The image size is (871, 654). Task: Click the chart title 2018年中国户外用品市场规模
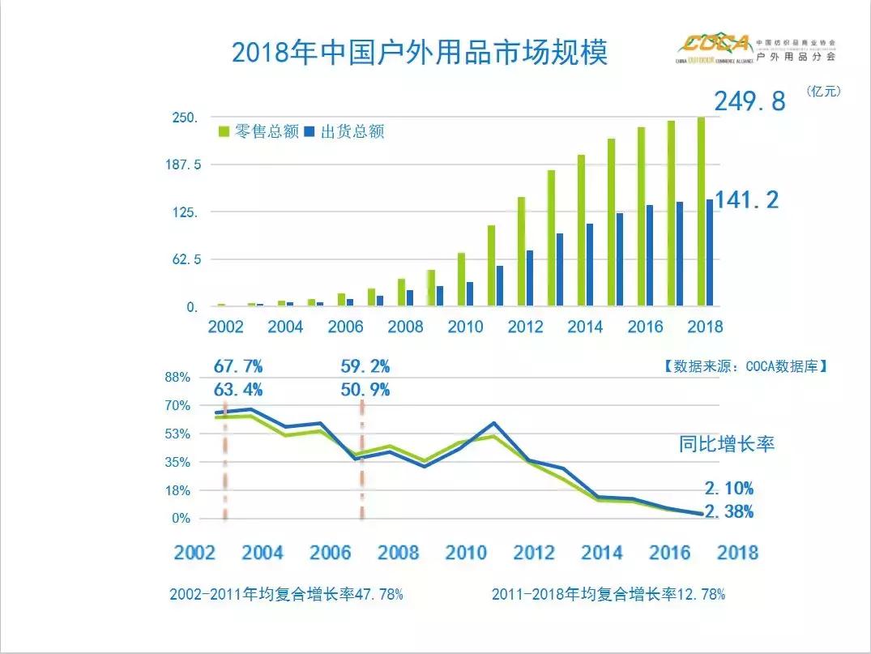tap(419, 53)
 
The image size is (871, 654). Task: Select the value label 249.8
tap(749, 101)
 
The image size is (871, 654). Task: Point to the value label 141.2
tap(745, 199)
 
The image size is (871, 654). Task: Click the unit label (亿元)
tap(823, 92)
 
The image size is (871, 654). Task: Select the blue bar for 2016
tap(649, 255)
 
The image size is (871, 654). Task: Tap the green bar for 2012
tap(521, 251)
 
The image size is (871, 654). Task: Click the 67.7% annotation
tap(239, 365)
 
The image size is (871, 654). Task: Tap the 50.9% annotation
tap(365, 390)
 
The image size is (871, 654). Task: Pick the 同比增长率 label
tap(727, 444)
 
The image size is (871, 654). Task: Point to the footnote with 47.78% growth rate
tap(286, 594)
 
